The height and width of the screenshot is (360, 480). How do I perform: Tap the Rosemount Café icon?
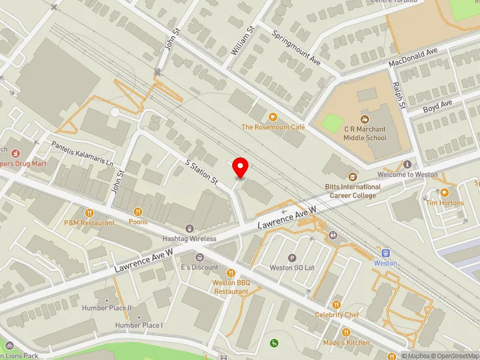[273, 117]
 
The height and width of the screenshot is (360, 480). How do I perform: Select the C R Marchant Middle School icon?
[365, 119]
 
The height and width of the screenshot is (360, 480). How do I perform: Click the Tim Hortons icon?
[445, 193]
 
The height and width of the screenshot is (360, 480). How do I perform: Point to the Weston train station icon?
[386, 253]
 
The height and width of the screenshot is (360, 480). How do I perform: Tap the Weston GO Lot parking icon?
[292, 257]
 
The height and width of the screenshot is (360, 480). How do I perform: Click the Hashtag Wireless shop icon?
[190, 228]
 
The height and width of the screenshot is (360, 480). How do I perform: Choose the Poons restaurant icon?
[138, 211]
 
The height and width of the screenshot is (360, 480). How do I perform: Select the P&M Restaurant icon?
[89, 212]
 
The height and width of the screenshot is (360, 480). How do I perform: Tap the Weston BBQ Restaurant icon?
[230, 274]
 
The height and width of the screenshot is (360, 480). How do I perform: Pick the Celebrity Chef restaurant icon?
[336, 305]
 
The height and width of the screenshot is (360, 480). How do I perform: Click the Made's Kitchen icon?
[346, 332]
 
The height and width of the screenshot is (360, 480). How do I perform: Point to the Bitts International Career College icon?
[352, 177]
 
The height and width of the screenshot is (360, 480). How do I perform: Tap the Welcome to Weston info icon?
[407, 164]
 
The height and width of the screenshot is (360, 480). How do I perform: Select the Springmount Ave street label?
[298, 48]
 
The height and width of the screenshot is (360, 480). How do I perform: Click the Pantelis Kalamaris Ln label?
[82, 154]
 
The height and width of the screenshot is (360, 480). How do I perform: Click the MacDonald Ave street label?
[413, 58]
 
